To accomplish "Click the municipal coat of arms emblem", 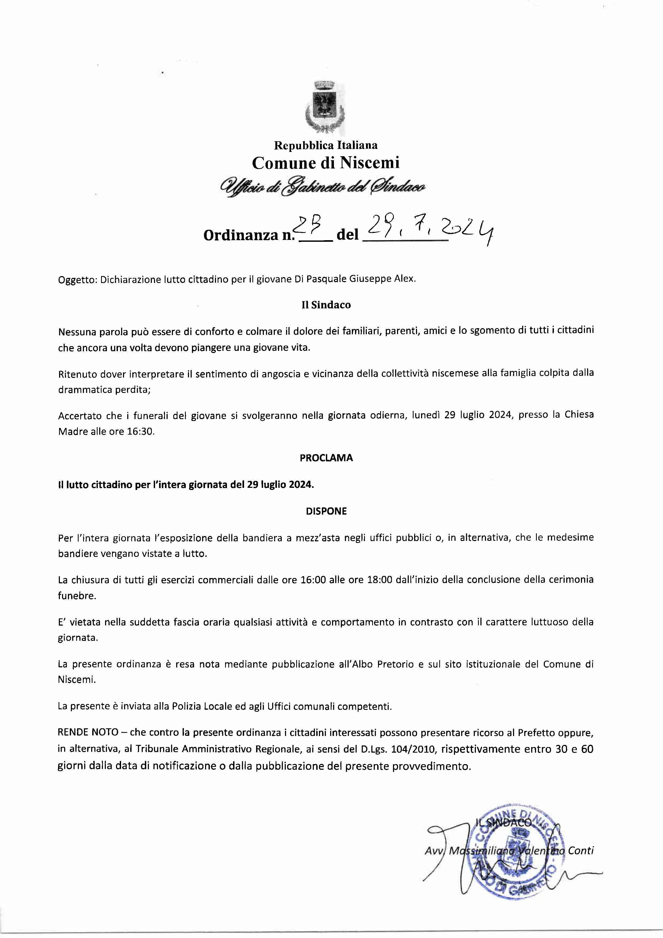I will [325, 107].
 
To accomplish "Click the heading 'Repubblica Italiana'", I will [325, 145].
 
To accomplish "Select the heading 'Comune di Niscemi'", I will [325, 163].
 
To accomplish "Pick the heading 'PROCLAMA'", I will [326, 458].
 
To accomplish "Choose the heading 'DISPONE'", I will [326, 511].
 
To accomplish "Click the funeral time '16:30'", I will [142, 431].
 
